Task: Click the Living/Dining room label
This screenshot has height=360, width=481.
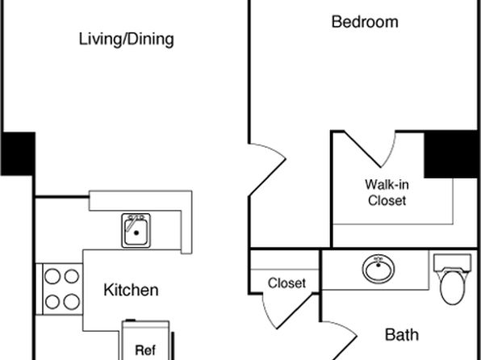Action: click(127, 40)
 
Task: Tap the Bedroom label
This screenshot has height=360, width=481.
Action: click(365, 22)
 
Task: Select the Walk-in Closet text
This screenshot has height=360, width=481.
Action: click(387, 193)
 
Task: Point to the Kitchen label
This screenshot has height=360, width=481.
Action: click(131, 290)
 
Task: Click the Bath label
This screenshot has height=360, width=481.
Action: click(402, 334)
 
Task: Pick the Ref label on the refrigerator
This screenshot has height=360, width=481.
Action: click(145, 350)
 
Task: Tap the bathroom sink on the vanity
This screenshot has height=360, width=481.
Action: click(379, 269)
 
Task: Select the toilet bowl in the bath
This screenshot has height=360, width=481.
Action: click(453, 287)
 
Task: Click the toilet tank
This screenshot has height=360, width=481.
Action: click(453, 262)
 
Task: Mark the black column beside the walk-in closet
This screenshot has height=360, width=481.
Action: click(451, 154)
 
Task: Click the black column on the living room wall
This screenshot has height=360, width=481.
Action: click(18, 153)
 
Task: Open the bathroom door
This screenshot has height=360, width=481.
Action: click(340, 340)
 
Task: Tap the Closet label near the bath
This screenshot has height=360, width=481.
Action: click(287, 283)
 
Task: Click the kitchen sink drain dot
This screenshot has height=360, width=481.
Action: click(136, 233)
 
